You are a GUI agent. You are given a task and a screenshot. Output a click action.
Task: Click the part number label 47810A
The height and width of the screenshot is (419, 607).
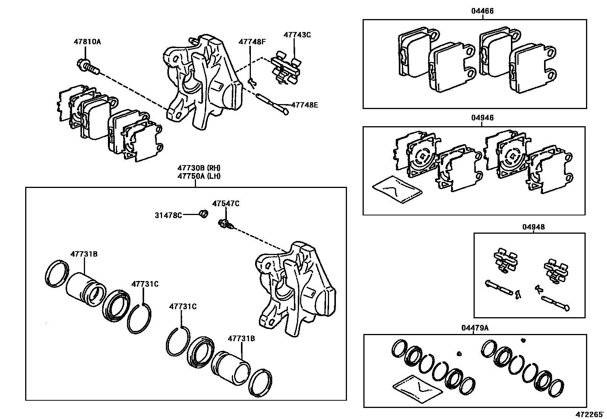click(87, 42)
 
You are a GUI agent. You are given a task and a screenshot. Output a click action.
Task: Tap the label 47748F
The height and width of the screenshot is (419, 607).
click(252, 42)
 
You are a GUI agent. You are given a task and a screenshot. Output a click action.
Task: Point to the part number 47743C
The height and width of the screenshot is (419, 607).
click(297, 35)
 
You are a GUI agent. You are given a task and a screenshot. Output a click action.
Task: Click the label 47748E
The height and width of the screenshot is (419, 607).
click(304, 104)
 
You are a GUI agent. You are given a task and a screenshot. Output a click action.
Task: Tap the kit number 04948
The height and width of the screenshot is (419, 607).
click(533, 227)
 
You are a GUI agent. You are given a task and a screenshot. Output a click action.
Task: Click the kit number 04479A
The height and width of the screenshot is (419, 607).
click(475, 328)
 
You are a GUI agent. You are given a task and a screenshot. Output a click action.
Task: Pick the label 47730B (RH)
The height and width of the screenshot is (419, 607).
click(199, 168)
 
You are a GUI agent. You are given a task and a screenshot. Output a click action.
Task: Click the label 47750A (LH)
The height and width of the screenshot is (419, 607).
click(199, 176)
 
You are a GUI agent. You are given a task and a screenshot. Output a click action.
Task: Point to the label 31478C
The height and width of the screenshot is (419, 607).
click(168, 215)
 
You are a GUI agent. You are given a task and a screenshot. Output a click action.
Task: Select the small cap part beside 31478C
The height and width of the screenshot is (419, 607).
click(204, 214)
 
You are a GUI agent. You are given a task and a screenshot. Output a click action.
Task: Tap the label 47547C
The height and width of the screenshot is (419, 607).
click(226, 204)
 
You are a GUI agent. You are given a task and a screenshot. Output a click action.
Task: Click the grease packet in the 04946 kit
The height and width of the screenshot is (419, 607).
click(397, 189)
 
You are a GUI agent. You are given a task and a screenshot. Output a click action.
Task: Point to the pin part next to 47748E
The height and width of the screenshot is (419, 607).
click(272, 103)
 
